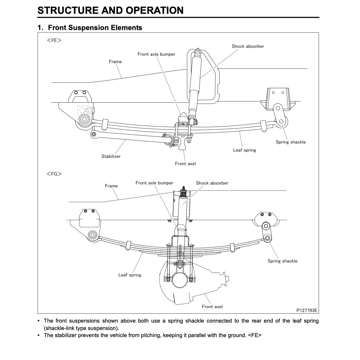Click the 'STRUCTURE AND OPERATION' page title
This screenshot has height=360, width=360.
pyautogui.click(x=110, y=10)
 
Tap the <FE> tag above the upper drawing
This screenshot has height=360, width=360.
pyautogui.click(x=54, y=40)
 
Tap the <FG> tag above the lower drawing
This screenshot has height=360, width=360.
pyautogui.click(x=54, y=174)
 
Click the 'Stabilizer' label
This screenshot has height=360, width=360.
pyautogui.click(x=111, y=156)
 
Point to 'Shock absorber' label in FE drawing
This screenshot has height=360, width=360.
pyautogui.click(x=248, y=46)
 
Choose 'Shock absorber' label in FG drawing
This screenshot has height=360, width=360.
pyautogui.click(x=212, y=183)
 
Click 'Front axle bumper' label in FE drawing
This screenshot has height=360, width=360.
pyautogui.click(x=156, y=54)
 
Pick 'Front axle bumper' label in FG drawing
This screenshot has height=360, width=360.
pyautogui.click(x=155, y=183)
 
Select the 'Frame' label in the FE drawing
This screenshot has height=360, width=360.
pyautogui.click(x=115, y=61)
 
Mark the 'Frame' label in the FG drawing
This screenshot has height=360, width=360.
pyautogui.click(x=111, y=186)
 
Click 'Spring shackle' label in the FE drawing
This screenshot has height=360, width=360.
pyautogui.click(x=291, y=142)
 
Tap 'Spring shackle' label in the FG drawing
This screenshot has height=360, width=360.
pyautogui.click(x=282, y=261)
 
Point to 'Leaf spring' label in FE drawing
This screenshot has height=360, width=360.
pyautogui.click(x=245, y=150)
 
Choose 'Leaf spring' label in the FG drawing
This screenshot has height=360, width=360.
pyautogui.click(x=130, y=275)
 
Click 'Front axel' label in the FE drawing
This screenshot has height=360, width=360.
pyautogui.click(x=185, y=163)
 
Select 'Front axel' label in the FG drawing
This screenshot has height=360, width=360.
pyautogui.click(x=212, y=307)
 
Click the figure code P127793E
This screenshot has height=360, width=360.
pyautogui.click(x=307, y=310)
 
